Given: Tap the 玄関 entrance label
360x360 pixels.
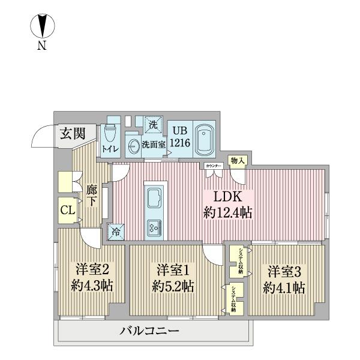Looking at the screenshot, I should (x=71, y=133).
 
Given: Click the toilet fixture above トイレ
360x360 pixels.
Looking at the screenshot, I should (x=109, y=133).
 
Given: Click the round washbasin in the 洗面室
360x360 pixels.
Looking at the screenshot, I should (x=133, y=145).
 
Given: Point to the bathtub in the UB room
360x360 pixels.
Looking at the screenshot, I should (x=206, y=137).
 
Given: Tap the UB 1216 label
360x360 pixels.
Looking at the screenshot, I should (x=179, y=137).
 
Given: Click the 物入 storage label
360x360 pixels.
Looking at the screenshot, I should (x=238, y=161).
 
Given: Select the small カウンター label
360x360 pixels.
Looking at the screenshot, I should (x=213, y=165).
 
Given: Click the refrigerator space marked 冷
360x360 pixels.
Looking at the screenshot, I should (x=115, y=230).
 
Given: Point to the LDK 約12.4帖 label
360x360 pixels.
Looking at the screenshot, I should (x=227, y=205).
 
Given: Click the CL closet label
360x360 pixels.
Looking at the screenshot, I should (x=67, y=210).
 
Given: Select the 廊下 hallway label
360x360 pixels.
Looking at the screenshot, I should (x=91, y=196).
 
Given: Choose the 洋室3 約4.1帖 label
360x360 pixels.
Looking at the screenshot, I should (x=284, y=278).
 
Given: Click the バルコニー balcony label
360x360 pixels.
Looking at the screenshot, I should (x=149, y=331).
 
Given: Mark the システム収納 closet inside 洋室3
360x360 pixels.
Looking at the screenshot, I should (x=238, y=260).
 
